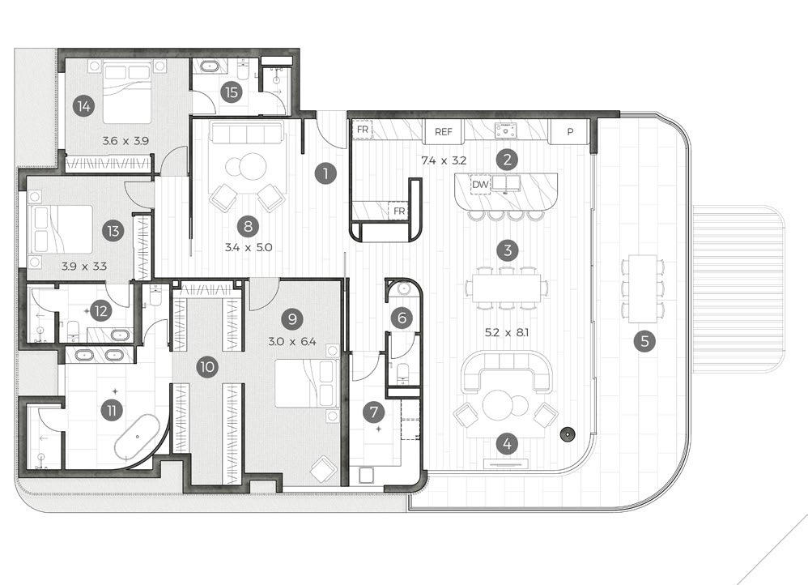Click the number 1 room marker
point(325,173)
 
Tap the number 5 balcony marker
point(644,341)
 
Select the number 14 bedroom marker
point(83,106)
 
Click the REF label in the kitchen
point(443,131)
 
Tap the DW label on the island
point(480,184)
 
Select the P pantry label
point(570,131)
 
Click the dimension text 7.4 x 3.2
point(444,160)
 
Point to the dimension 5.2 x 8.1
point(507,333)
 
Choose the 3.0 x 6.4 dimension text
point(292,341)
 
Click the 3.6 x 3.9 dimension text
point(125,140)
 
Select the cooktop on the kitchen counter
point(506,130)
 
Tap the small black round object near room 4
point(568,434)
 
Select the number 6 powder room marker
point(402,318)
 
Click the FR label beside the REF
point(362,130)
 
